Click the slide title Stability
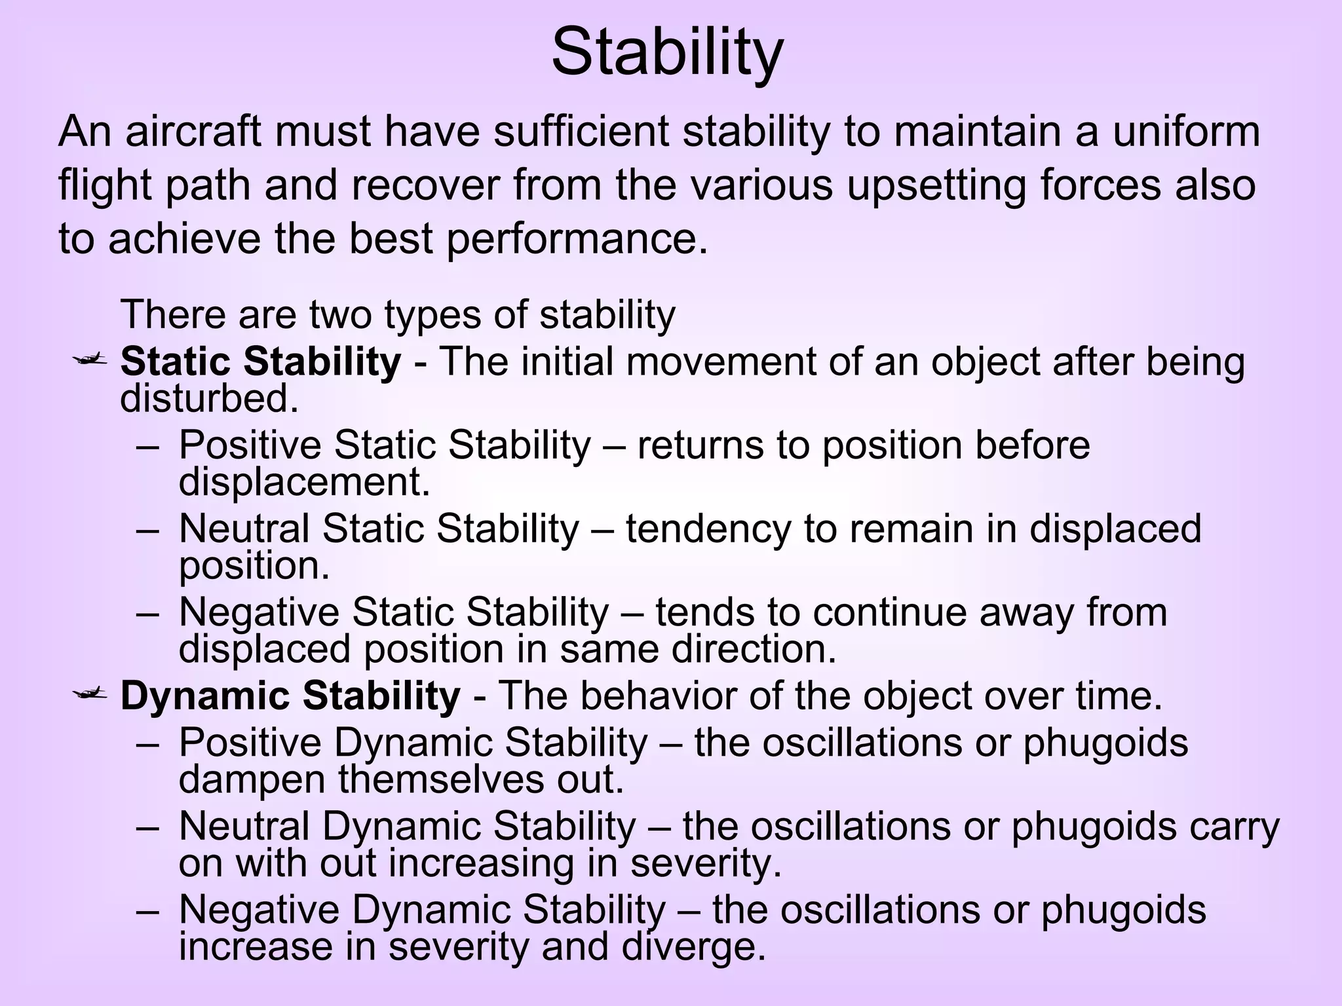point(667,52)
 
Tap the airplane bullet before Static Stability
point(90,359)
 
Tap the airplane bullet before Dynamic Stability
point(90,693)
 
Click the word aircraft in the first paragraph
point(193,131)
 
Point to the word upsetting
point(935,185)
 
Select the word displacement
point(304,483)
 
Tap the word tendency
point(708,529)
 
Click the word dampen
point(252,780)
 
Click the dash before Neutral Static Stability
point(148,529)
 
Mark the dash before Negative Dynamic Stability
point(148,910)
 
